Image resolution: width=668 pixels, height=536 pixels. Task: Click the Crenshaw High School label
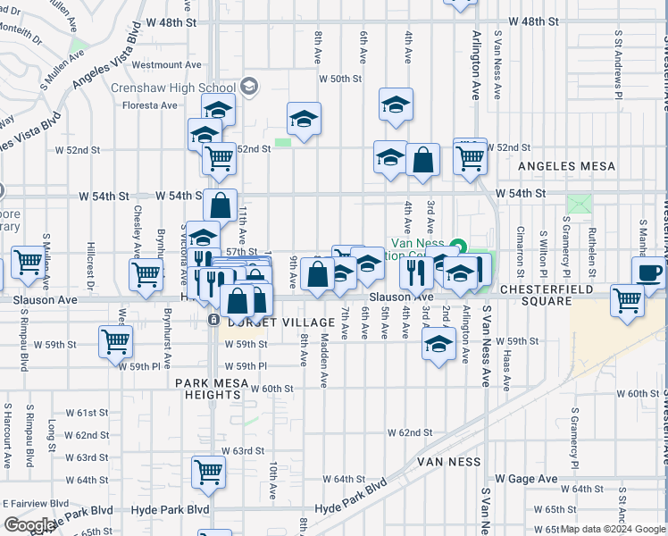[172, 88]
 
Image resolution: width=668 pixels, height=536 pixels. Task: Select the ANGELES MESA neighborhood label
[567, 166]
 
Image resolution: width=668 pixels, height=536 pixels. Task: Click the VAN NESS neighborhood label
[448, 462]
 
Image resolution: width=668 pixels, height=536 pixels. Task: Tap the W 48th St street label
[533, 20]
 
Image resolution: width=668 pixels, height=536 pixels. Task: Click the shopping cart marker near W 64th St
[208, 470]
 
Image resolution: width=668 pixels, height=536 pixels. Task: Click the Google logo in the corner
[29, 525]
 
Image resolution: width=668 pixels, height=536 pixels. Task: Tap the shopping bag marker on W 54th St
[220, 205]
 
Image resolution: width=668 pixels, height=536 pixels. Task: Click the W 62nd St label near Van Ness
[410, 432]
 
